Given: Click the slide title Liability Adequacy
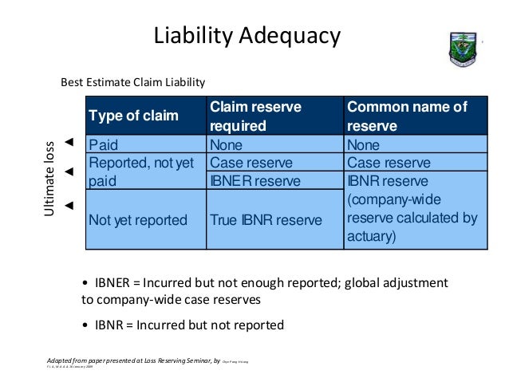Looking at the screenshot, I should (247, 35).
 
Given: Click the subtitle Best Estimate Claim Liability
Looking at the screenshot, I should (133, 82).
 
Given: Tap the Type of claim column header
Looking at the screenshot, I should (133, 116).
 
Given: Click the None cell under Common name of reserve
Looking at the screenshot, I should (364, 145).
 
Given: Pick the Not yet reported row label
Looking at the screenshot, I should (138, 220).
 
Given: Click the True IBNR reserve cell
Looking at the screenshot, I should (266, 220).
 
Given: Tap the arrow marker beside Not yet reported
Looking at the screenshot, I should (69, 206).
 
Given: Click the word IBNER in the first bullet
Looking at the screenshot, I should (112, 283).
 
